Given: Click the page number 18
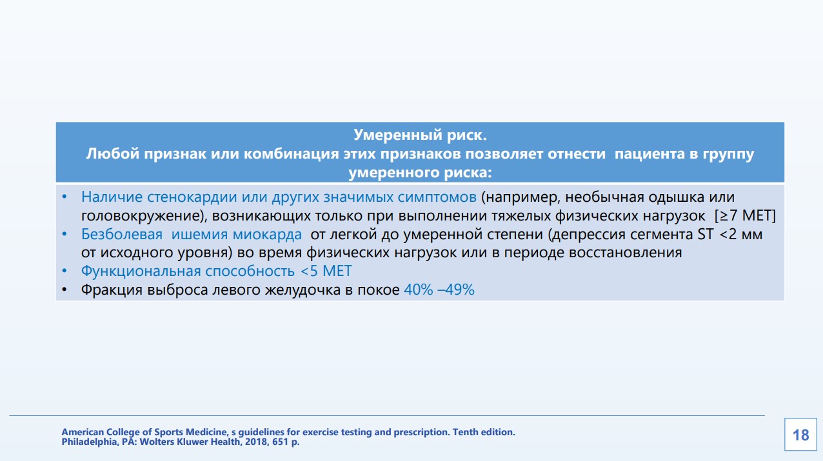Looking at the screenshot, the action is coord(801,435).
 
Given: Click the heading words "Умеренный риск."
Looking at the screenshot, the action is coord(420,135).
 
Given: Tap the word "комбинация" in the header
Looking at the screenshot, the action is coord(292,153).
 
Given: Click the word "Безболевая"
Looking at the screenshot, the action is coord(122,234).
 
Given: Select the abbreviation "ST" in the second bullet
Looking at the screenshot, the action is coord(706,234).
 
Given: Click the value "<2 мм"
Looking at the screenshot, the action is coord(740,234).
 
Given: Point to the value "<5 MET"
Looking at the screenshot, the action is coord(326,271).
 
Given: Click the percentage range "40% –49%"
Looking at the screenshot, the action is coord(439,289).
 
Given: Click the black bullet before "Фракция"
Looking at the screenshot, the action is coord(64,290).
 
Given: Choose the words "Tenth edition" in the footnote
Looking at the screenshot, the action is coord(483,432).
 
